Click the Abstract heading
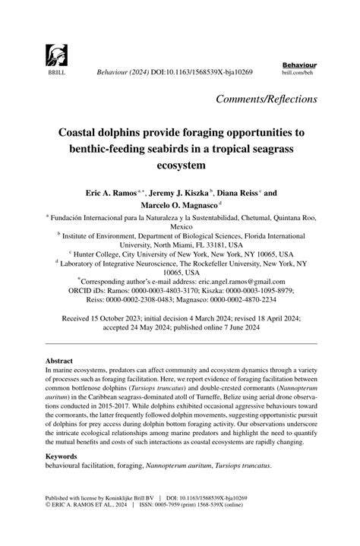(61, 361)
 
